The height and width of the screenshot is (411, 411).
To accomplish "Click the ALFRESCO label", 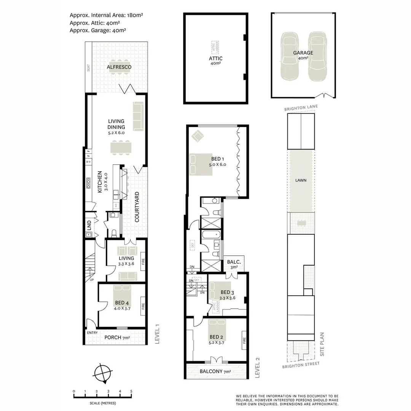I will pyautogui.click(x=119, y=67).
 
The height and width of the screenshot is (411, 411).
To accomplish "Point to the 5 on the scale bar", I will pyautogui.click(x=131, y=391).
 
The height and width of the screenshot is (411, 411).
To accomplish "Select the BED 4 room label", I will pyautogui.click(x=122, y=303).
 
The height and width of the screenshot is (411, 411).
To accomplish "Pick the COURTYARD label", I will pyautogui.click(x=136, y=207).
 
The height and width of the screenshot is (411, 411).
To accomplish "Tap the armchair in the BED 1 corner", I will pyautogui.click(x=198, y=135).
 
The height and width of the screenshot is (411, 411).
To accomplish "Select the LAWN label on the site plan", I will pyautogui.click(x=302, y=180).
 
